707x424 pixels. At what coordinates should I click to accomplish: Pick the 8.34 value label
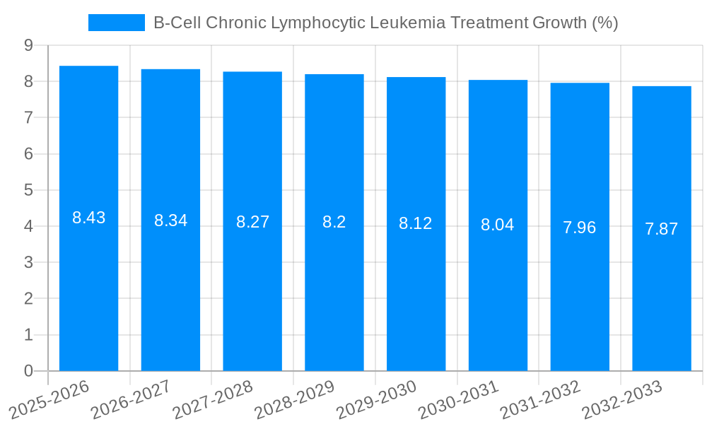click(171, 220)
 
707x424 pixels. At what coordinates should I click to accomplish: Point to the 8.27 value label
click(252, 222)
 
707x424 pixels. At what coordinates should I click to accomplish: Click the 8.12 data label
click(416, 224)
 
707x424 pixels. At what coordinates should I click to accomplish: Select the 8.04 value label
click(498, 225)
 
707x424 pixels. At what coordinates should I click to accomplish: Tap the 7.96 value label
click(580, 228)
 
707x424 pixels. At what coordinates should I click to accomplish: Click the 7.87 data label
click(662, 229)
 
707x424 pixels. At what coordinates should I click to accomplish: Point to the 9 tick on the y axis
click(28, 45)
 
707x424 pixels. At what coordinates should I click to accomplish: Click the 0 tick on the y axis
click(28, 371)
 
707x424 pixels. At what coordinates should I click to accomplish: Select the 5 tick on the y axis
click(28, 190)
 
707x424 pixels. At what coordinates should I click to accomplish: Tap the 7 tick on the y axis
click(28, 117)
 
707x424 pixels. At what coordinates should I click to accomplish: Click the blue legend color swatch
click(116, 23)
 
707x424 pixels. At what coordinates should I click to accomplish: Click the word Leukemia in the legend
click(415, 23)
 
